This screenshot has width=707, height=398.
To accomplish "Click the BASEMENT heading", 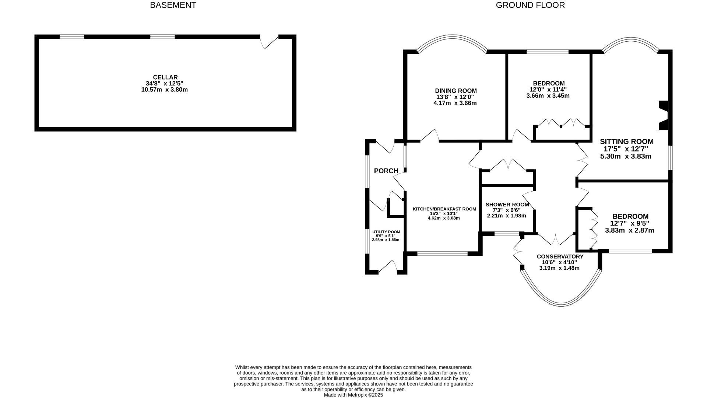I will (173, 5).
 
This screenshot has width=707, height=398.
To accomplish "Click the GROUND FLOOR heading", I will (530, 5).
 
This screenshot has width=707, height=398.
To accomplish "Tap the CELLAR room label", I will (165, 77).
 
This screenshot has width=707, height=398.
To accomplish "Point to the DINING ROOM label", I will (455, 91).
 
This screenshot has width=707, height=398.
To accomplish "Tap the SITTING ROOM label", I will (626, 142).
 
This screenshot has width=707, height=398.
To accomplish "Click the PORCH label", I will (386, 171).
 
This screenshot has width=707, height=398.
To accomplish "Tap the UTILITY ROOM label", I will (386, 232).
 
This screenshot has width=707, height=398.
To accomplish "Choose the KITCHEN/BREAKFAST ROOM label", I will (444, 209).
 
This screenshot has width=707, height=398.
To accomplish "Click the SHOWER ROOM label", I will (507, 205).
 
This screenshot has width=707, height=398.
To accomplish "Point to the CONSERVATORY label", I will (560, 256).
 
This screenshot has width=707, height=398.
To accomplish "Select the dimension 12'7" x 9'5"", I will (629, 223).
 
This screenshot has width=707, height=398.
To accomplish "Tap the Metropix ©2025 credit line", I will (353, 395).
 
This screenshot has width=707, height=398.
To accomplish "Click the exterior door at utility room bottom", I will (387, 268).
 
